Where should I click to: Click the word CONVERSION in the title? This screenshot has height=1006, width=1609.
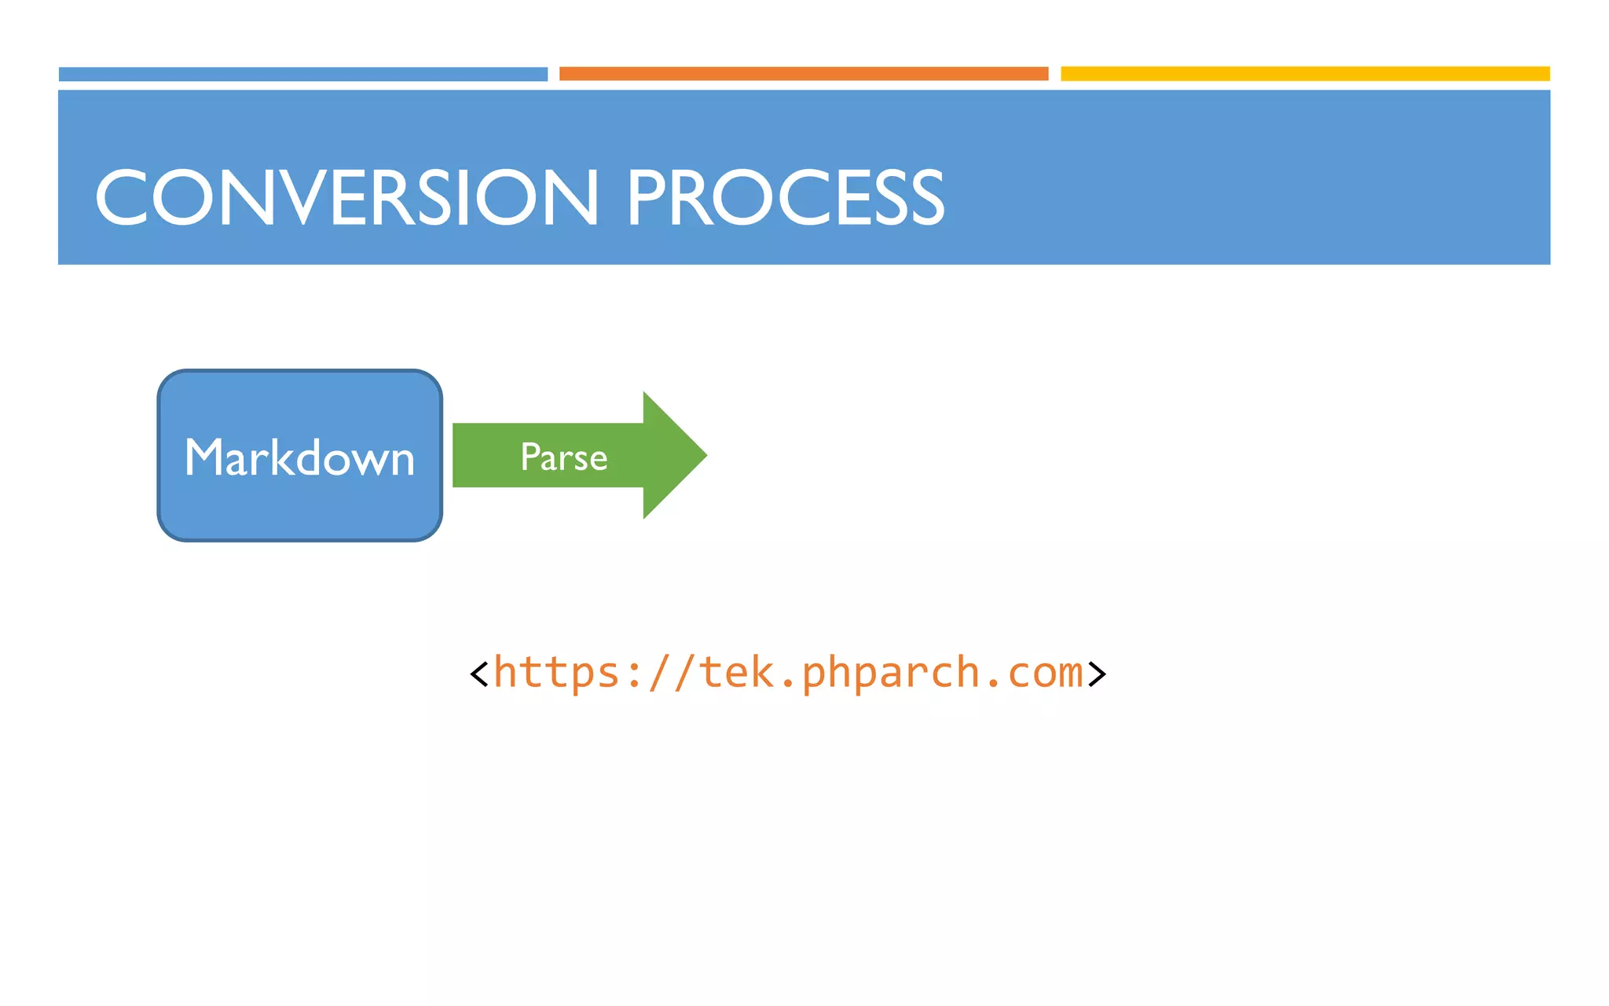coord(346,198)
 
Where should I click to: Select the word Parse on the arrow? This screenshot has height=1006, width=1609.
coord(563,457)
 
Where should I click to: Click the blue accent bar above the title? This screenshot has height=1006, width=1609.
coord(302,74)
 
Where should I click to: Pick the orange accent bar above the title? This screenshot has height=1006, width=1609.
coord(803,74)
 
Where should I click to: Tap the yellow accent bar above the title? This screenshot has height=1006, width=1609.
coord(1304,74)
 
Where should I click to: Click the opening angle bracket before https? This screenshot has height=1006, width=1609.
coord(478,674)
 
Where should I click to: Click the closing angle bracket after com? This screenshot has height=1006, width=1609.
coord(1097,674)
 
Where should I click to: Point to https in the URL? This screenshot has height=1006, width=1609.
coord(556,674)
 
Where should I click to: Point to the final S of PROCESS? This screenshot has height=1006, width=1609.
coord(923,198)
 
